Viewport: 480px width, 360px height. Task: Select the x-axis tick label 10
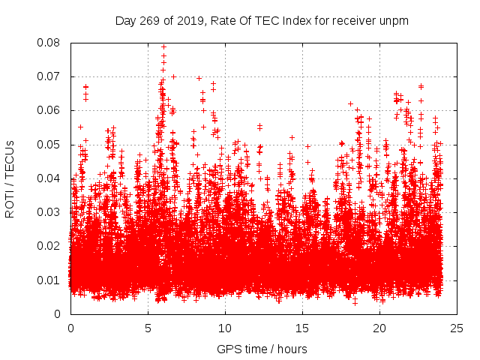click(225, 328)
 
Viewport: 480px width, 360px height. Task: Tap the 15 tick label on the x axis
click(302, 328)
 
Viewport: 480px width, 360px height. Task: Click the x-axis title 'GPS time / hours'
click(262, 349)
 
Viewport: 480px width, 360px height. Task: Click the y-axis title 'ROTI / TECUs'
click(10, 178)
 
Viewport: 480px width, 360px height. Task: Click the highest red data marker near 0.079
click(163, 46)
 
